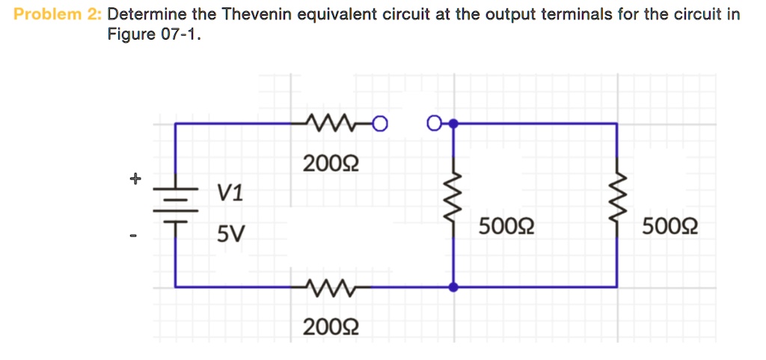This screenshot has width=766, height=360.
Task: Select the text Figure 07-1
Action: coord(154,35)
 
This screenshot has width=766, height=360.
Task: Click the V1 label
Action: coord(230,194)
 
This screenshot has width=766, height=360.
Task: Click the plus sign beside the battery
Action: coord(134,179)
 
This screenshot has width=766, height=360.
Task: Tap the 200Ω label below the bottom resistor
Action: coord(331,326)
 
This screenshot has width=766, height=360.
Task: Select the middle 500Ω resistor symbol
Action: coord(453,204)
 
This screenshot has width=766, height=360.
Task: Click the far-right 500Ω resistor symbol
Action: coord(616,204)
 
